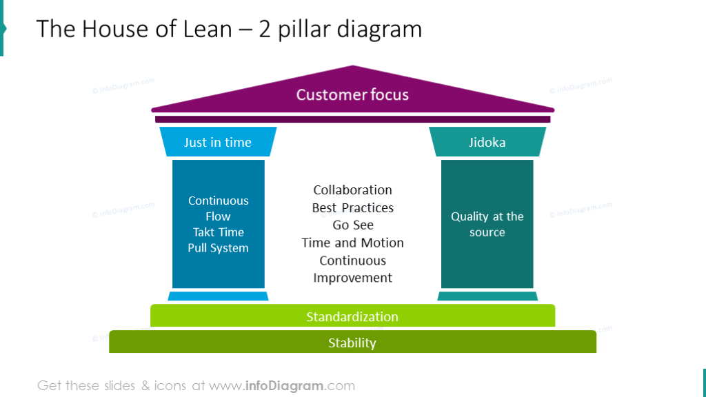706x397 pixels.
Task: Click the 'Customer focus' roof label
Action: point(352,94)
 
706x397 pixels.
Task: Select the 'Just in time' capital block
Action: point(218,142)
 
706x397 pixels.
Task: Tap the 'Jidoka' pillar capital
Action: point(487,142)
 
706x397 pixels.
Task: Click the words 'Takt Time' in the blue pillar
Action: point(218,232)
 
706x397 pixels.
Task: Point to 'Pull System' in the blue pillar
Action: point(218,248)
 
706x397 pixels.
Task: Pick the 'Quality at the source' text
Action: point(487,224)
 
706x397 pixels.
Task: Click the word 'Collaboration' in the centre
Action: point(352,190)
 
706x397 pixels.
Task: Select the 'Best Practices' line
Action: point(352,207)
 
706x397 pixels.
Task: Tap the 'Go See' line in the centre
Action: point(352,225)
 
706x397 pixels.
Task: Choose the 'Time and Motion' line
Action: point(352,243)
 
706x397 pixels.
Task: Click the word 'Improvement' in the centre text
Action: point(352,278)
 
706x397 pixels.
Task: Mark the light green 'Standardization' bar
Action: point(352,316)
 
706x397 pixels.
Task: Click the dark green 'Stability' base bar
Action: point(352,342)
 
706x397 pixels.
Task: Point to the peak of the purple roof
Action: point(353,68)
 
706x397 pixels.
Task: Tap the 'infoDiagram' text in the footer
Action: point(285,385)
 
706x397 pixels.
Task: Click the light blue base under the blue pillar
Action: point(218,296)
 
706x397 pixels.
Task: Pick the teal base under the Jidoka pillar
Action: point(487,296)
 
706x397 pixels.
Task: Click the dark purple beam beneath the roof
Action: point(352,119)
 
